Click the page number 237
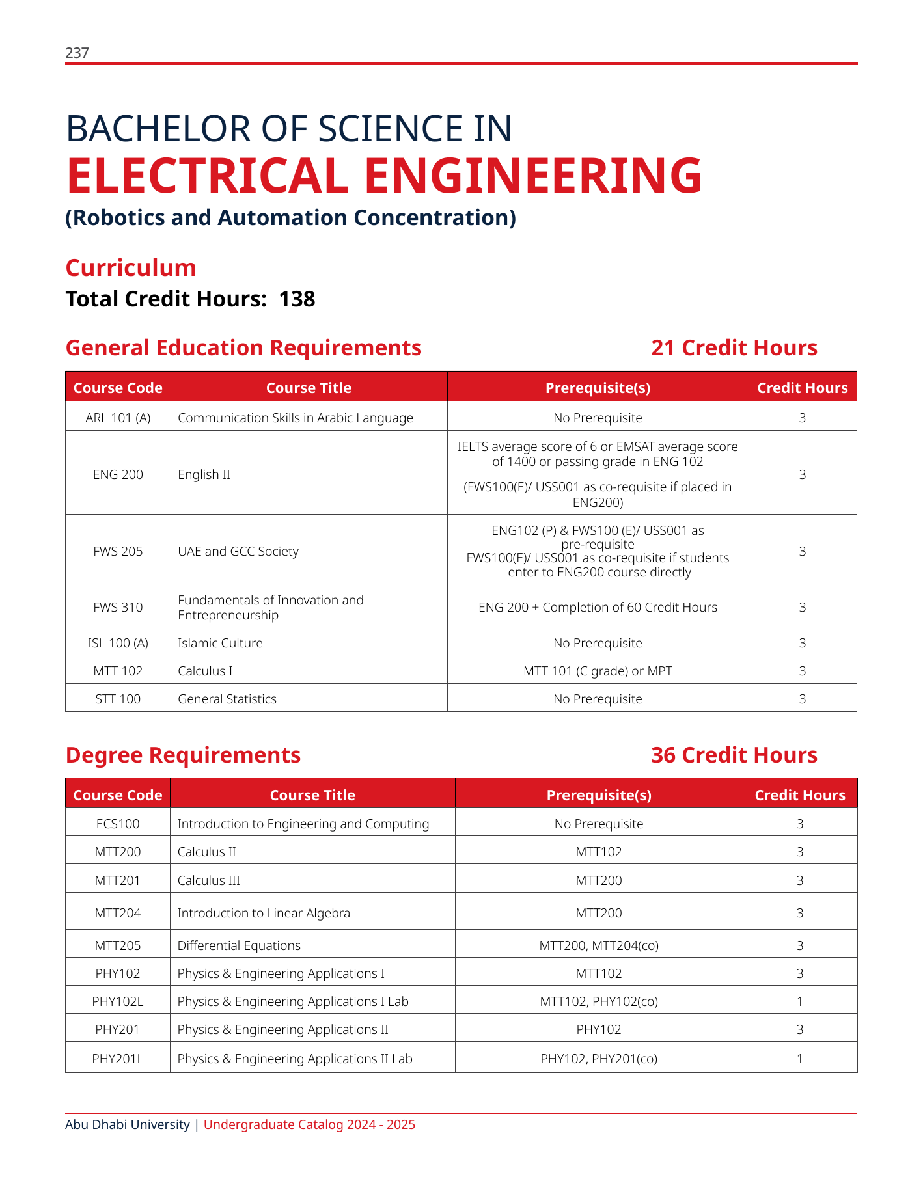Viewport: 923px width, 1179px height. point(77,53)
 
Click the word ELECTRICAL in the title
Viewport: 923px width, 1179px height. point(207,176)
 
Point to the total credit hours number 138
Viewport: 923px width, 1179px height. point(297,299)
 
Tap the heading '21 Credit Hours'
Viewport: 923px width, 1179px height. point(734,348)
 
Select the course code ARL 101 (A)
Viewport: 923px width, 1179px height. point(118,418)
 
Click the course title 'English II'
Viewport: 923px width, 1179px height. point(204,474)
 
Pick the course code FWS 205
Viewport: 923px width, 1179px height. point(118,551)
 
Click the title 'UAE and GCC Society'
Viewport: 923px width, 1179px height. point(238,551)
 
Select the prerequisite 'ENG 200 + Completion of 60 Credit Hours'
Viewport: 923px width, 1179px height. point(598,607)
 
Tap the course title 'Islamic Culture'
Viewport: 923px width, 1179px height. point(220,643)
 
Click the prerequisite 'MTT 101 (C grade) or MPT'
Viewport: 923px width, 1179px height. point(598,671)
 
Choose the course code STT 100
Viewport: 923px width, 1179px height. point(118,699)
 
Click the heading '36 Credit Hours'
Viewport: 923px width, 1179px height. point(734,755)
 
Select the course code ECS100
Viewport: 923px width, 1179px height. point(118,824)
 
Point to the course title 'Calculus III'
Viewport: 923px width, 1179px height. point(208,880)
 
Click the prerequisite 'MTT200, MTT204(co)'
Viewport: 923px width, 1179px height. point(599,945)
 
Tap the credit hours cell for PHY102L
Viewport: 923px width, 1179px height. point(800,1001)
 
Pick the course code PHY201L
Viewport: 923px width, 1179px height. point(118,1059)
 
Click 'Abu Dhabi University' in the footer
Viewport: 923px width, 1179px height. point(128,1124)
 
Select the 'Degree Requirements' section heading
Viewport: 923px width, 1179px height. point(183,755)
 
